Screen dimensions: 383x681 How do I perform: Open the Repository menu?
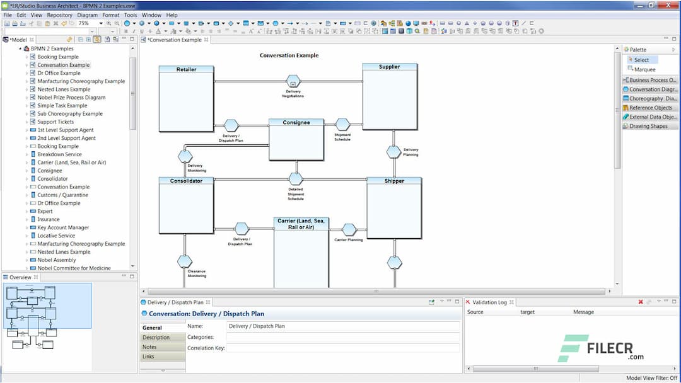[60, 14]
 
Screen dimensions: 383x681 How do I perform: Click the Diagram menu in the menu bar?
[88, 14]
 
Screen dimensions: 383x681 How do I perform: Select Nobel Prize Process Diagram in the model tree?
[71, 98]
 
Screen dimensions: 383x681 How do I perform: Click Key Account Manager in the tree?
[63, 227]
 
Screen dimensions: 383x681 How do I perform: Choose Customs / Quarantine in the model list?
[62, 195]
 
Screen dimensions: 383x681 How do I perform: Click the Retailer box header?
[186, 69]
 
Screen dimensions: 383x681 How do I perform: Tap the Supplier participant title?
[389, 67]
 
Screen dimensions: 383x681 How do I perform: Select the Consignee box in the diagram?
[296, 140]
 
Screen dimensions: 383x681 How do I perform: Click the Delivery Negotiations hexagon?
[293, 81]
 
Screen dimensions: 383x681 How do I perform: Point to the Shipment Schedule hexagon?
[342, 125]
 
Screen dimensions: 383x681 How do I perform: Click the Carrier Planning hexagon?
[349, 229]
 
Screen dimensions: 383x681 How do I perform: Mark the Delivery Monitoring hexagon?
[185, 156]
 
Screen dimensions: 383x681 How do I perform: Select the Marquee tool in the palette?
[644, 70]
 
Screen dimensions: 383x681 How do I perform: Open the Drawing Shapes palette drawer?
[648, 126]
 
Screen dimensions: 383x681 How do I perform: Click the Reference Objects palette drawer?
[651, 108]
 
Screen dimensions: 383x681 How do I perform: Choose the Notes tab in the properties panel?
[149, 347]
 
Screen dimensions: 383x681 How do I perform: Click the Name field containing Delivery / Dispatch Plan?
[343, 326]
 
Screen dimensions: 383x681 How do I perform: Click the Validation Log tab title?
[489, 302]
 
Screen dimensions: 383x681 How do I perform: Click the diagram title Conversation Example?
[289, 55]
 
